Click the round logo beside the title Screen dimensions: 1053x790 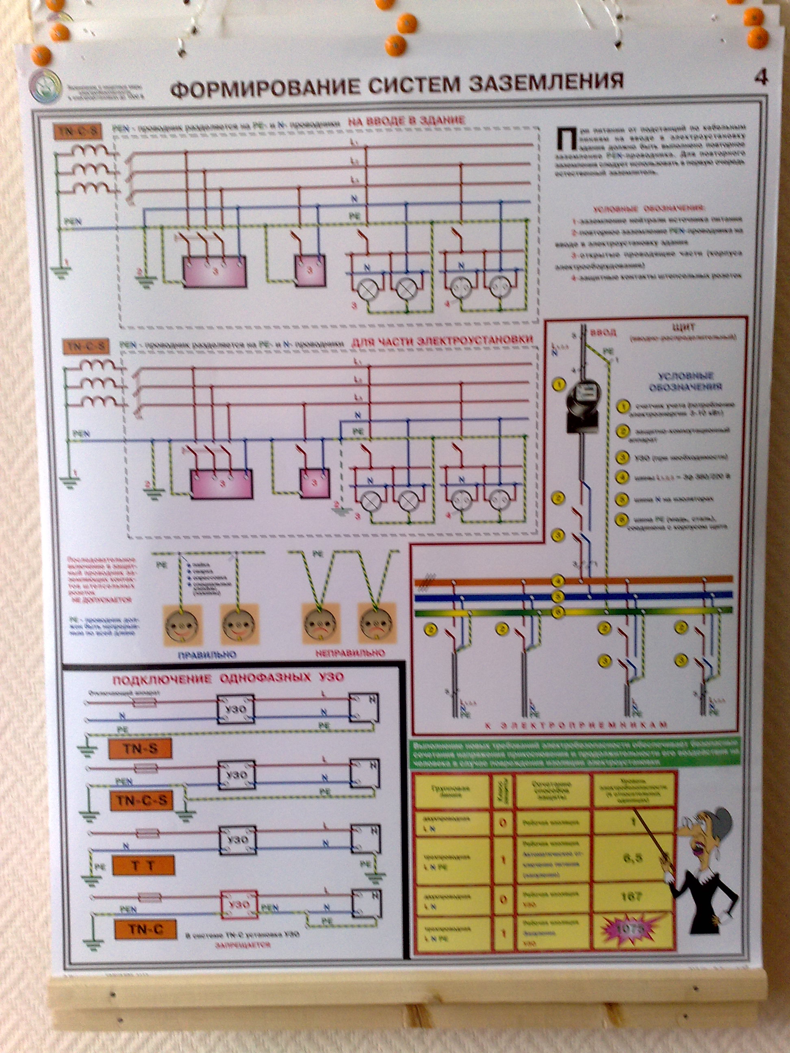pyautogui.click(x=45, y=86)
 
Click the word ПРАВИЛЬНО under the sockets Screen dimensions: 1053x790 pyautogui.click(x=207, y=654)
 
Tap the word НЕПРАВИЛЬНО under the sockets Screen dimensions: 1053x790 pyautogui.click(x=350, y=653)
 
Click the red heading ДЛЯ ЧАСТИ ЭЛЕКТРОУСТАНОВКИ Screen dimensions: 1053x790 pyautogui.click(x=441, y=341)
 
